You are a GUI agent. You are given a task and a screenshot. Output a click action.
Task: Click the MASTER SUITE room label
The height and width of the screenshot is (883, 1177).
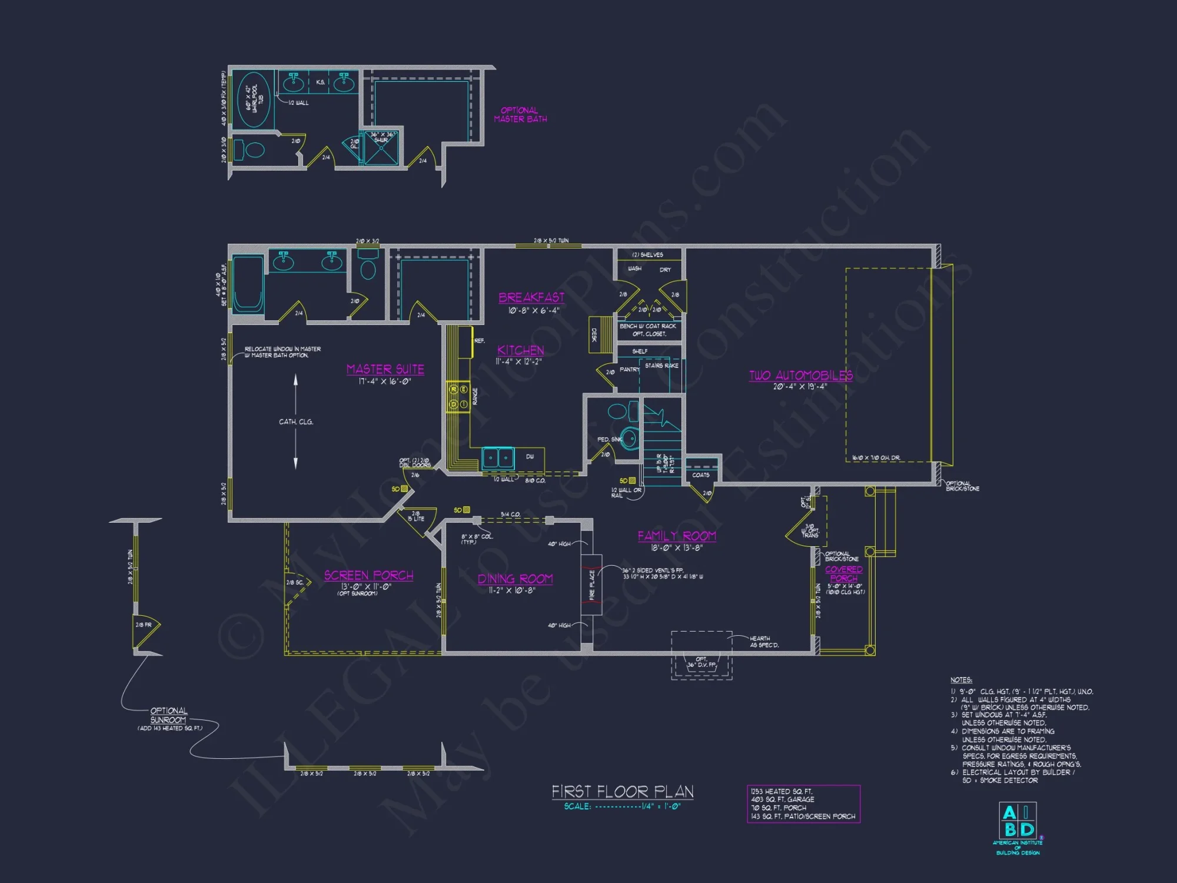pyautogui.click(x=385, y=369)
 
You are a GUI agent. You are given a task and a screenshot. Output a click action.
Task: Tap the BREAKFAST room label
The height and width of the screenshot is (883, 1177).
pyautogui.click(x=531, y=297)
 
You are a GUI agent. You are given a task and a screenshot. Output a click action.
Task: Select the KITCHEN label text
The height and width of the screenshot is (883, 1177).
pyautogui.click(x=520, y=350)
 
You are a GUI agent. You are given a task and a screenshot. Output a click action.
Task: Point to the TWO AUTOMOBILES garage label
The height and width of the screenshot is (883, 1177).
pyautogui.click(x=800, y=376)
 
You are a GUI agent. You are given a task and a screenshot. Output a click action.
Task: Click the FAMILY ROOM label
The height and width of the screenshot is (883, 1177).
pyautogui.click(x=677, y=536)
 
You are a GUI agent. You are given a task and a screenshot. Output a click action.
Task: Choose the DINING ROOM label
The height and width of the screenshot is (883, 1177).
pyautogui.click(x=515, y=579)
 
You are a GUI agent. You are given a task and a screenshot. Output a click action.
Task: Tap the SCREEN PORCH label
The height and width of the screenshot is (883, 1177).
pyautogui.click(x=368, y=575)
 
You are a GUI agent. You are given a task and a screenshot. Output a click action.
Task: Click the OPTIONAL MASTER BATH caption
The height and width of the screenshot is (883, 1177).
pyautogui.click(x=520, y=114)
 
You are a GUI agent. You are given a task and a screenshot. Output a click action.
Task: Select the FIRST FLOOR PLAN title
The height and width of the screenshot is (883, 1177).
pyautogui.click(x=622, y=791)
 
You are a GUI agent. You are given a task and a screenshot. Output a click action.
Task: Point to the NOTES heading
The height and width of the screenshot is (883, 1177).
pyautogui.click(x=961, y=680)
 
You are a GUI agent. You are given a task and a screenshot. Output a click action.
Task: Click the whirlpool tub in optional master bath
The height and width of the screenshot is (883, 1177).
pyautogui.click(x=254, y=100)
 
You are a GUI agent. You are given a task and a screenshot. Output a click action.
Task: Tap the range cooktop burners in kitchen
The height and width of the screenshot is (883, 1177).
pyautogui.click(x=458, y=397)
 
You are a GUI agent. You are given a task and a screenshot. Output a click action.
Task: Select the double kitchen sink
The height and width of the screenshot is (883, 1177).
pyautogui.click(x=497, y=457)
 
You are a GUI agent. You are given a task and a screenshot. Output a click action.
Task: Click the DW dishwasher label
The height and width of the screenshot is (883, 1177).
pyautogui.click(x=530, y=456)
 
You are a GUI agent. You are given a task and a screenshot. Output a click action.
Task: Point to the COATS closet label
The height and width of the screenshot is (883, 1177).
pyautogui.click(x=700, y=474)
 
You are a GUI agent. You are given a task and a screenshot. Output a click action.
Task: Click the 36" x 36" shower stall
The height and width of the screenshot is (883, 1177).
pyautogui.click(x=381, y=149)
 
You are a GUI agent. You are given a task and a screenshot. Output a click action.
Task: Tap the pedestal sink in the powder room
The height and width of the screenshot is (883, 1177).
pyautogui.click(x=629, y=438)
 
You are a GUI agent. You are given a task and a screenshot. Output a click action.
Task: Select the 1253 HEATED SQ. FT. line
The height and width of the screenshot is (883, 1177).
pyautogui.click(x=782, y=791)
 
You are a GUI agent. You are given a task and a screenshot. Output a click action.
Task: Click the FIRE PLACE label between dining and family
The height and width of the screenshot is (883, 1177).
pyautogui.click(x=592, y=585)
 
